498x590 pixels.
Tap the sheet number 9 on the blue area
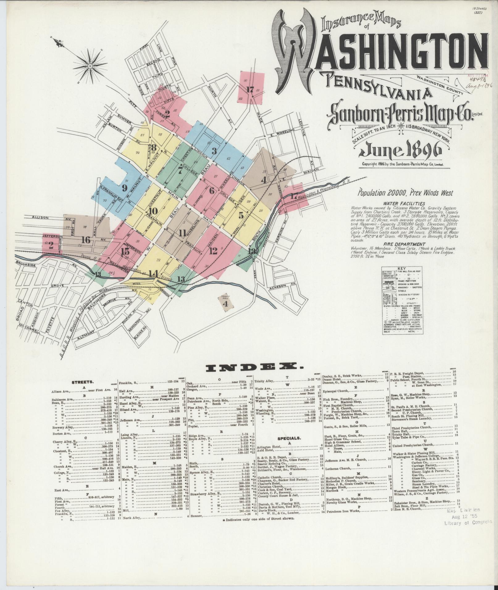[x=125, y=188]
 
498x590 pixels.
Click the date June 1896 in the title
[x=400, y=151]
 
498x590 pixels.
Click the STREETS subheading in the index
[x=81, y=382]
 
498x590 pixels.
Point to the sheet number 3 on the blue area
[x=214, y=151]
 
